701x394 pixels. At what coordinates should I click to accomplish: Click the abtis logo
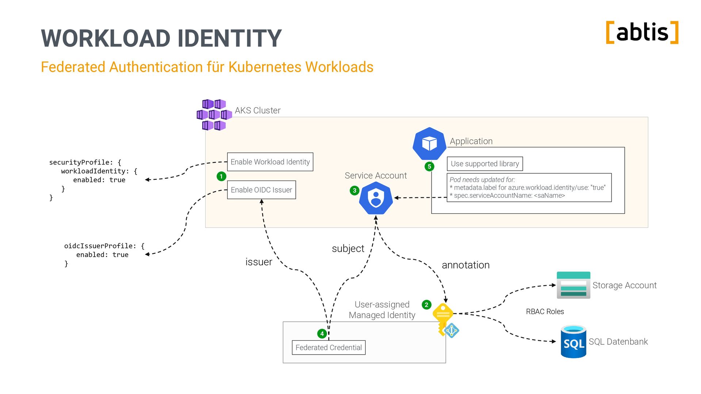(642, 32)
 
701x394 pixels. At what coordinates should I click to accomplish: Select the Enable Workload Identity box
(270, 162)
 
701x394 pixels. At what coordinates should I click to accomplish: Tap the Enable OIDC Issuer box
(261, 190)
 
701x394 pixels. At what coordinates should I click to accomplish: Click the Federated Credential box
(329, 347)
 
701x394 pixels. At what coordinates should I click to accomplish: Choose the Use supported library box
(485, 164)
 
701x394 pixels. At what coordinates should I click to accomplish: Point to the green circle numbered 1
(221, 176)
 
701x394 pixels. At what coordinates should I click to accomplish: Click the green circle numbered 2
(426, 305)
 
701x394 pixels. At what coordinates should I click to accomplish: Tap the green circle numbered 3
(355, 190)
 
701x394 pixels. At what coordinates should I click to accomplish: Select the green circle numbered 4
(322, 333)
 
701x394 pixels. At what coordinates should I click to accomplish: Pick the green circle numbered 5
(429, 166)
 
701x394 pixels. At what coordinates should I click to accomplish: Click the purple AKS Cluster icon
(214, 115)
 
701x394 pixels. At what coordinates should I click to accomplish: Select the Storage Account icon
(573, 285)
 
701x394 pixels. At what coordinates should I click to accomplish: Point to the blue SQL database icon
(574, 341)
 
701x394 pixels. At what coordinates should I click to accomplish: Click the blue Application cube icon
(429, 144)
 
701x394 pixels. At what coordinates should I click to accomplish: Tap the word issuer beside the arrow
(258, 262)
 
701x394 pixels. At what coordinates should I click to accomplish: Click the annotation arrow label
(466, 265)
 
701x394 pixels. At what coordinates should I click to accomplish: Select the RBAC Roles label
(545, 312)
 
